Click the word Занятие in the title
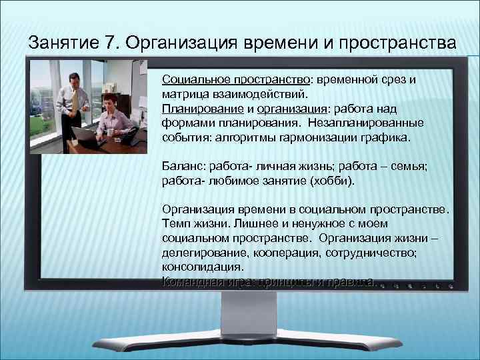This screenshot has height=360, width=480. pyautogui.click(x=64, y=43)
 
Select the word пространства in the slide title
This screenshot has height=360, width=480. pyautogui.click(x=397, y=43)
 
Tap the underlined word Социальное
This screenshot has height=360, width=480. pyautogui.click(x=191, y=79)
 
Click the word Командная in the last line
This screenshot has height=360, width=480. pyautogui.click(x=189, y=282)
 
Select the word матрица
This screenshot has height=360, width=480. pyautogui.click(x=184, y=95)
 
